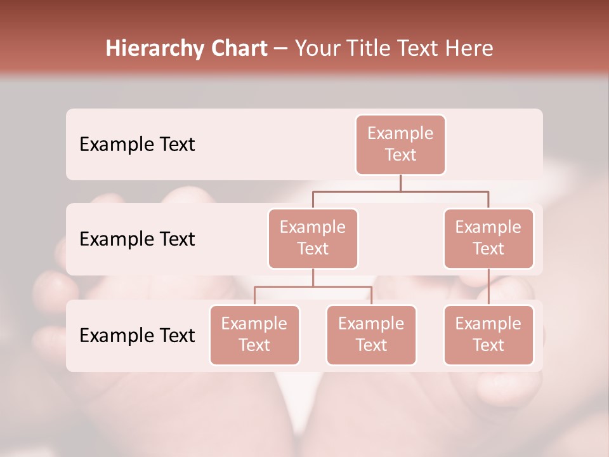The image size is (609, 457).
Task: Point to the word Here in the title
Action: pos(468,49)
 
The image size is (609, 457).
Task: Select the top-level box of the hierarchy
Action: pos(400,144)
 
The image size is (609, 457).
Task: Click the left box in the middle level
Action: pos(313,238)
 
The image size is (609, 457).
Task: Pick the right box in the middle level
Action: pos(488,238)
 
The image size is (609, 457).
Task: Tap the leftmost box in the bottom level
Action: pos(254,334)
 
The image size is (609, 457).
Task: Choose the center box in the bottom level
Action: pos(371,334)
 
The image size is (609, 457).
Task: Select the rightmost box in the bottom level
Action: pos(488,334)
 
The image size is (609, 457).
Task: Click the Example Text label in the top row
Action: pos(137,144)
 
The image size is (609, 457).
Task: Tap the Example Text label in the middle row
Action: pos(137,239)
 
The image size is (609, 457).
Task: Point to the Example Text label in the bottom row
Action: pos(137,335)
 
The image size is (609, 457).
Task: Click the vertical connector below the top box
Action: pos(400,183)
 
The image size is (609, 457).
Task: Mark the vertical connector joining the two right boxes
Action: pos(488,286)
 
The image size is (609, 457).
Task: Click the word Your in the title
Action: pos(315,49)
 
